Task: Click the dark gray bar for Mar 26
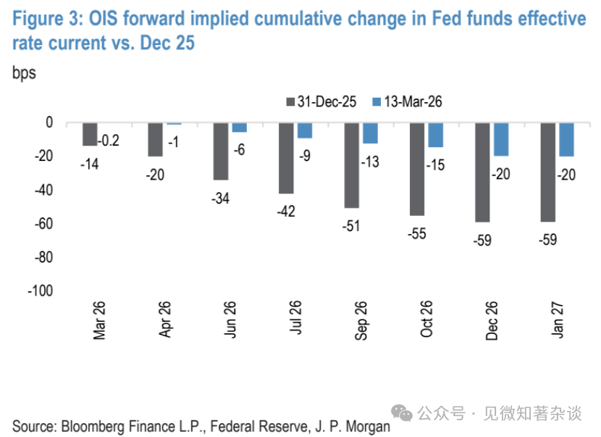(x=90, y=134)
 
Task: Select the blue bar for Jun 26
(x=239, y=128)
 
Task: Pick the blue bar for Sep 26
(x=370, y=133)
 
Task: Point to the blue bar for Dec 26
(x=501, y=139)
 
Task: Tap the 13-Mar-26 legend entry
(x=405, y=102)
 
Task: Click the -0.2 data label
(x=109, y=140)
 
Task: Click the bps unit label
(x=24, y=73)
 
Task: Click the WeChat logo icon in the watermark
(x=403, y=412)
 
